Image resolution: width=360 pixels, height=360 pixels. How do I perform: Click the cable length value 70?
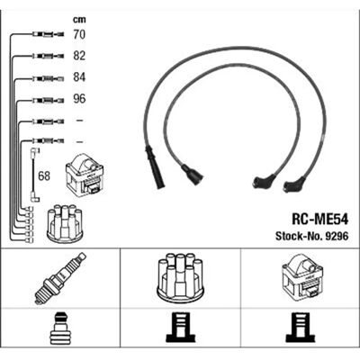(x=79, y=34)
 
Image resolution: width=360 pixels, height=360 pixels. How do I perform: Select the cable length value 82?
(x=79, y=56)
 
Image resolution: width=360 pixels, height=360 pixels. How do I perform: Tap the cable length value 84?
(x=79, y=77)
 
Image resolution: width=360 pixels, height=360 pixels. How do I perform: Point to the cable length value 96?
(x=79, y=99)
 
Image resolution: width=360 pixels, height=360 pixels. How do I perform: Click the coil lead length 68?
(x=44, y=176)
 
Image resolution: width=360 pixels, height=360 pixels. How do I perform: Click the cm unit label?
(x=79, y=20)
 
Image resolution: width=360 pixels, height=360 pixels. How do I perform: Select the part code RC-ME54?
(x=319, y=220)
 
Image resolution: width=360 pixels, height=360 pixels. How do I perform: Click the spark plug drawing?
(x=60, y=278)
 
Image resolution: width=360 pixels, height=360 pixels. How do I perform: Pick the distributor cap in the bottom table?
(x=180, y=278)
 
